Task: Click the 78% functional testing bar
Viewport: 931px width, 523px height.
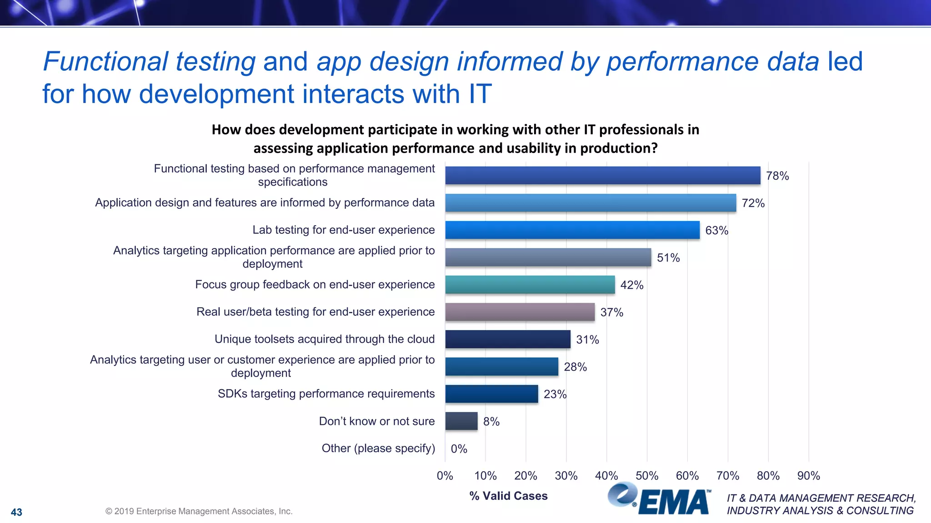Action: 602,175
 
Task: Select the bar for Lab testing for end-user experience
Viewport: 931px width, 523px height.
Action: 572,230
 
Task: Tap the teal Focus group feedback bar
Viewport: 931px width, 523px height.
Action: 530,285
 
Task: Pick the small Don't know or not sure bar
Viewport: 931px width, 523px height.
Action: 461,421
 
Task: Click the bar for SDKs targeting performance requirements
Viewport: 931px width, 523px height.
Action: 491,394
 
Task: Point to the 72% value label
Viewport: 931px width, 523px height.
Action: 753,203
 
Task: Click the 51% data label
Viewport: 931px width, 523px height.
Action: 668,258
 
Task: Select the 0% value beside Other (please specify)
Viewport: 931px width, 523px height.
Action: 459,449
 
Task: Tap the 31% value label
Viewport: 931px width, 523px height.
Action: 587,340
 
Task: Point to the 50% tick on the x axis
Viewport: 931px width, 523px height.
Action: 646,476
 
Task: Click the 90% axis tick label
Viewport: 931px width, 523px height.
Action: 808,476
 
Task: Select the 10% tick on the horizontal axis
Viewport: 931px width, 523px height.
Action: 485,476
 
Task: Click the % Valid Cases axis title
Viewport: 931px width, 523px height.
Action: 508,496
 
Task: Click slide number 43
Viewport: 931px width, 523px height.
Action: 16,512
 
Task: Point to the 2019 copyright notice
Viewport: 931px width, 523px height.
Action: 199,511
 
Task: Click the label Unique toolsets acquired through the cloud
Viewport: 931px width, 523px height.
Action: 324,339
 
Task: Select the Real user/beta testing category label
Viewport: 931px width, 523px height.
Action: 315,312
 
